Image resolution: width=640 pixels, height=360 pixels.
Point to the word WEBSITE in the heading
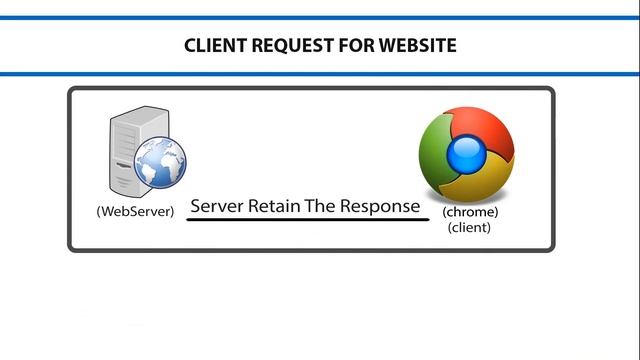click(x=418, y=45)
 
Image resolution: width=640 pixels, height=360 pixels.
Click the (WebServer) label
click(x=135, y=211)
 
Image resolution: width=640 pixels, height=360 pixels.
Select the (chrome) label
click(x=470, y=212)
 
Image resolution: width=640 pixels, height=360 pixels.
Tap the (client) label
click(x=469, y=227)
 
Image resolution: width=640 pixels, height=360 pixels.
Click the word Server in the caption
click(x=217, y=206)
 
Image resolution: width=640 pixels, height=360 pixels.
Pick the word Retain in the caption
click(x=274, y=206)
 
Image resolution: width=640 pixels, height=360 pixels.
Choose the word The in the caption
click(x=320, y=206)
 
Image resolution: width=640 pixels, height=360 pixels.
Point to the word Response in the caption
click(x=380, y=207)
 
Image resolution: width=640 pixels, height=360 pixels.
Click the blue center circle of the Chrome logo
click(x=467, y=156)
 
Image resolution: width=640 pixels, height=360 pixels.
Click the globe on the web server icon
click(x=160, y=162)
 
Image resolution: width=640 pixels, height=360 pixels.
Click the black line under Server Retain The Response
click(x=308, y=220)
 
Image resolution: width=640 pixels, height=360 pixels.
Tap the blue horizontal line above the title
click(x=320, y=18)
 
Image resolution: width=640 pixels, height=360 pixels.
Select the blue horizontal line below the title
click(x=320, y=74)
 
